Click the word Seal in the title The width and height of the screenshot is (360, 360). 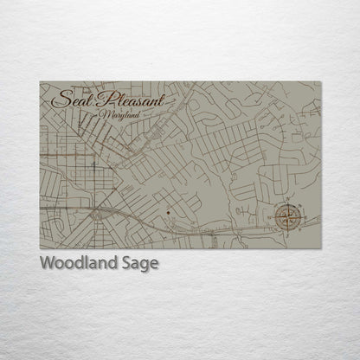click(72, 100)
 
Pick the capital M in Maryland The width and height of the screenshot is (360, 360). click(105, 115)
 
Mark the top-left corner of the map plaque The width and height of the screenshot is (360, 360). click(40, 81)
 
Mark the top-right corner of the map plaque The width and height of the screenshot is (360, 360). click(321, 81)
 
